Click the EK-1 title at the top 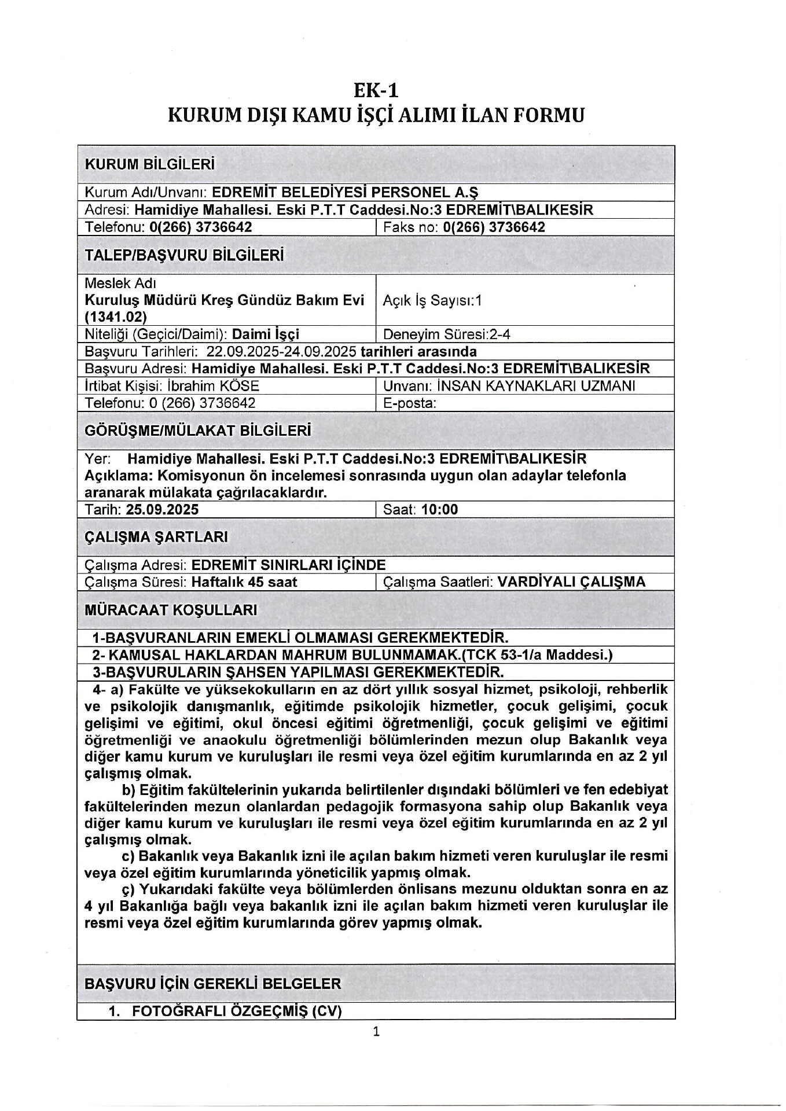(x=376, y=90)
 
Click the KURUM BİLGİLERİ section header (x=149, y=164)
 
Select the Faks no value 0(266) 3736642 (x=494, y=227)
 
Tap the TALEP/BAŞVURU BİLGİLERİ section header (x=184, y=255)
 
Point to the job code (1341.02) (x=116, y=317)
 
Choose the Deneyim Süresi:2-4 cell (x=446, y=334)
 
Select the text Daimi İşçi (x=266, y=334)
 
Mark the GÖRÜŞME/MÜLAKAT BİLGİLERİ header (x=198, y=431)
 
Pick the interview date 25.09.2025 (x=163, y=509)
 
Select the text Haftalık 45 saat (x=244, y=582)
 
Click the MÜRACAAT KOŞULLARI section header (x=171, y=610)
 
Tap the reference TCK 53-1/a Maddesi (x=554, y=654)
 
